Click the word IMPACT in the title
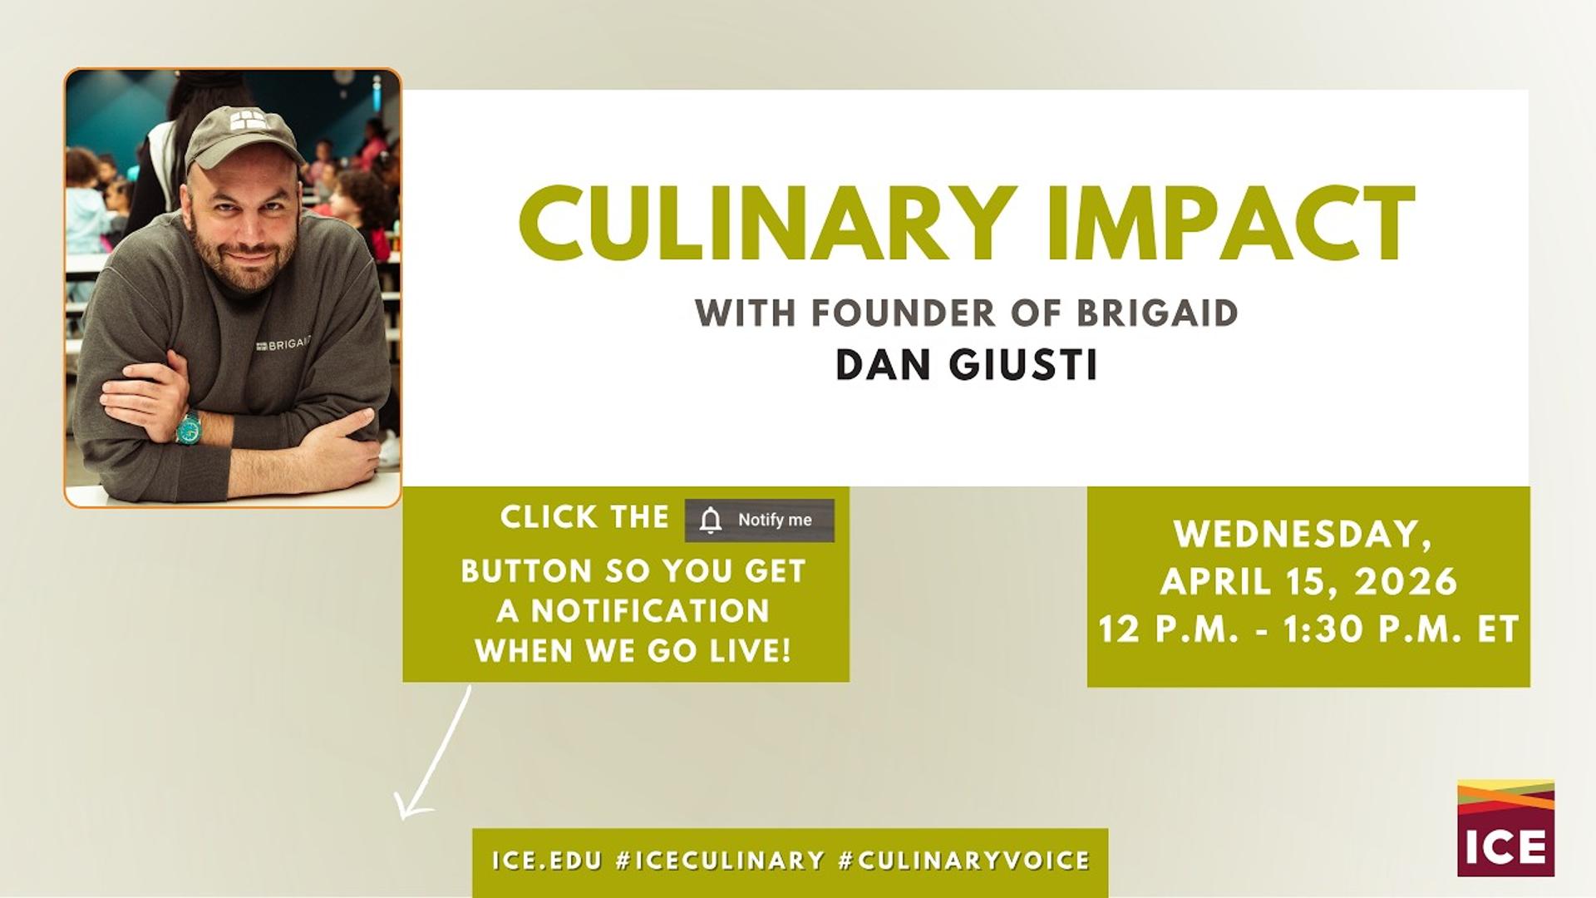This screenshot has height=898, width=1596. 1231,224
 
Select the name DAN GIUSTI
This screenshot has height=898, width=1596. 967,365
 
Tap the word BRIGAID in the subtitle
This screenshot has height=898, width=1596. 1157,313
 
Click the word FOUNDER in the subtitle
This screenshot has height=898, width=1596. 903,313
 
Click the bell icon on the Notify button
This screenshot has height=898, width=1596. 711,520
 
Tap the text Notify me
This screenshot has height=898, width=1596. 775,520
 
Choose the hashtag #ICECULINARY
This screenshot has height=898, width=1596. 720,860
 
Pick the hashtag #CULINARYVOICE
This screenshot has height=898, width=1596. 964,860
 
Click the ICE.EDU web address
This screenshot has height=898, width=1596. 546,860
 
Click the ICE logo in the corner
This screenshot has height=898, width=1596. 1505,827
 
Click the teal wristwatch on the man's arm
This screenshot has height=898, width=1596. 189,427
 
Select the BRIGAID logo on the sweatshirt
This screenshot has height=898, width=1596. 283,343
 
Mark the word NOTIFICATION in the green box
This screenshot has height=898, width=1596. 651,611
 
